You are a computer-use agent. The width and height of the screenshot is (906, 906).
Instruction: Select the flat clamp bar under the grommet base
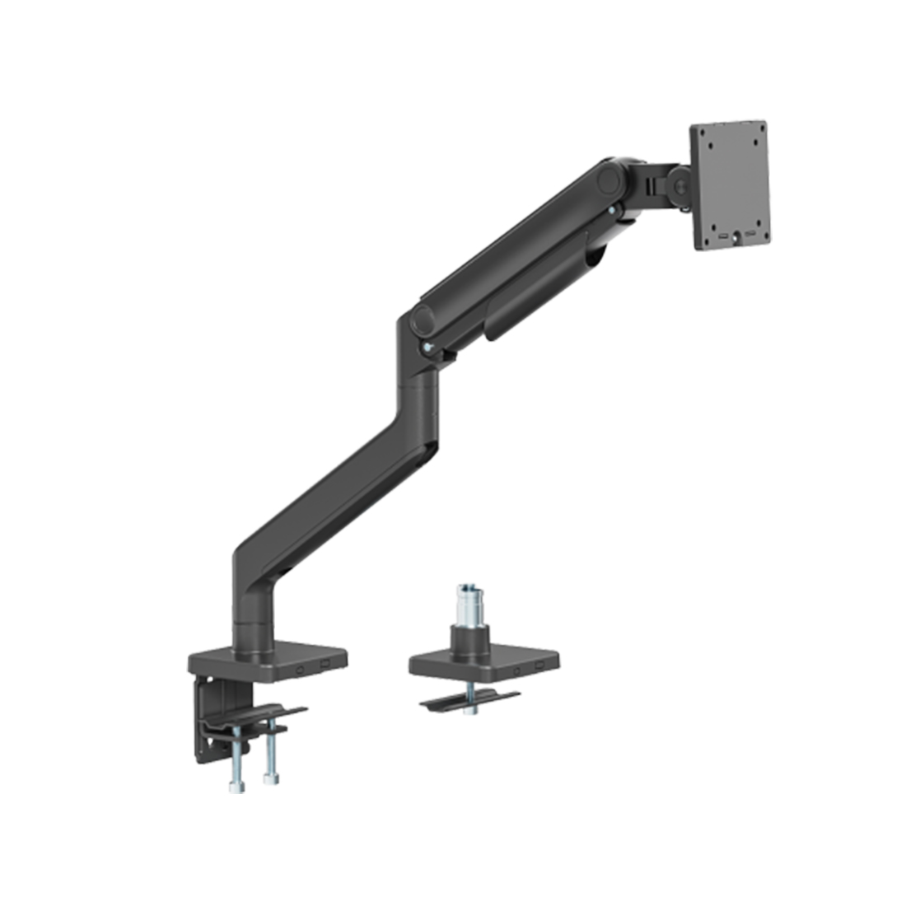(469, 702)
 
